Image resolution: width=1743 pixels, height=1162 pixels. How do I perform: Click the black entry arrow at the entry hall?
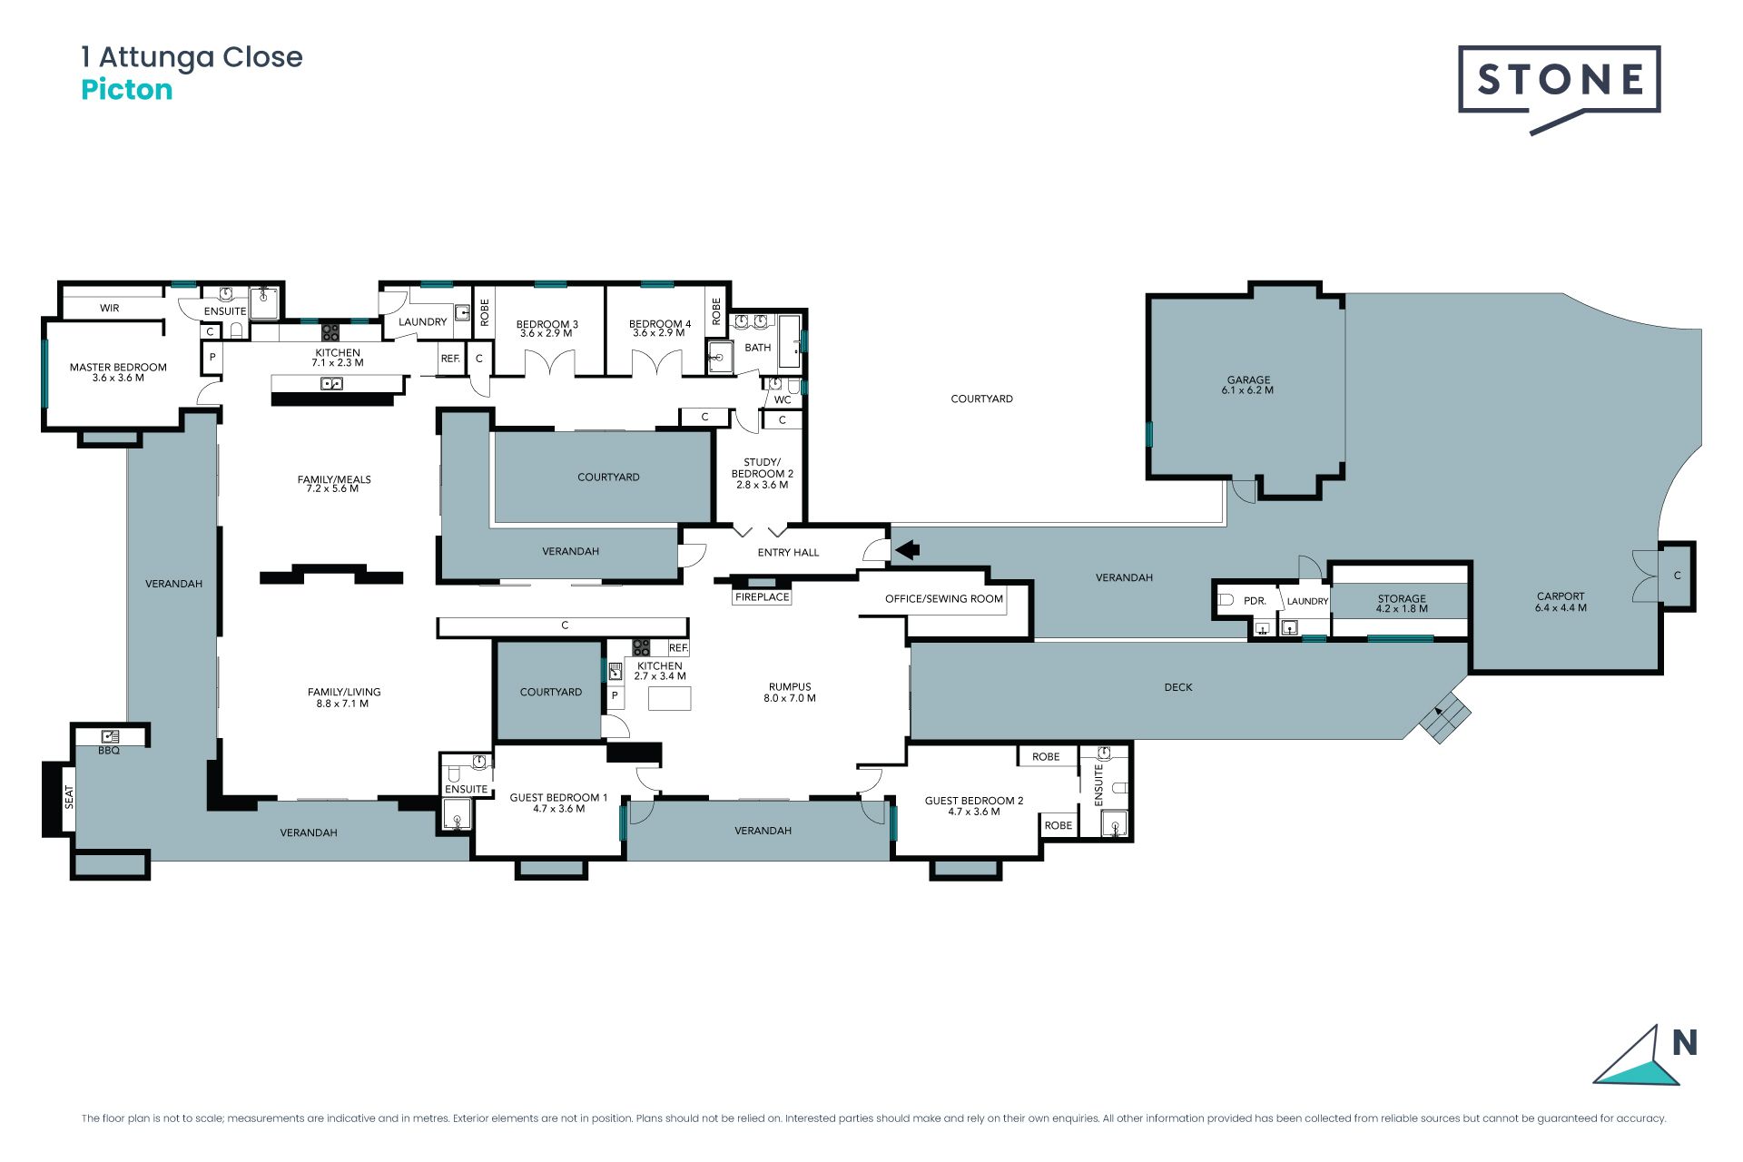908,549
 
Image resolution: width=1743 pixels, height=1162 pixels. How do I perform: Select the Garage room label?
1248,385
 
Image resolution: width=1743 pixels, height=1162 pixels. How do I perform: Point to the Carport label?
1561,602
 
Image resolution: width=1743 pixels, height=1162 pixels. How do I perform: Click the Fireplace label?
763,597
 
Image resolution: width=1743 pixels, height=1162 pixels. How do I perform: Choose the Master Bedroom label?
118,372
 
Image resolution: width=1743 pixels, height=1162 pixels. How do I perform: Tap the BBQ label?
109,751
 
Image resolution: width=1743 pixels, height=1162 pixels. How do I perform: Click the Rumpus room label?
790,693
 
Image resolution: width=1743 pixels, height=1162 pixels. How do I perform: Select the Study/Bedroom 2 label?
763,473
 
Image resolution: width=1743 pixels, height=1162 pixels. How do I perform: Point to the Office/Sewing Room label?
944,599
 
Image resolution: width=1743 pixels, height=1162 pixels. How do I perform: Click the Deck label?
1178,687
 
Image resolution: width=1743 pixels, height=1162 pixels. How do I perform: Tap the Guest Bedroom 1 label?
558,803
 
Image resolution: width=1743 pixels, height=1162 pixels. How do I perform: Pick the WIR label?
110,308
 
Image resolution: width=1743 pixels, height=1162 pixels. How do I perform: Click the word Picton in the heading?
127,90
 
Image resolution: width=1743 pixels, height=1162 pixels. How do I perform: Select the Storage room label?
1402,604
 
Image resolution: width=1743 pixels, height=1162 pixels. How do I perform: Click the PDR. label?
1255,601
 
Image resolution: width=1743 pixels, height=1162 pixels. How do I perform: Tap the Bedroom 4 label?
660,328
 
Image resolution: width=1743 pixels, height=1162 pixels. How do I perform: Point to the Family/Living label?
344,697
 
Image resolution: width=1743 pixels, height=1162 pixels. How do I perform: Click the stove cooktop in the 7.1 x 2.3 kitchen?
330,332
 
